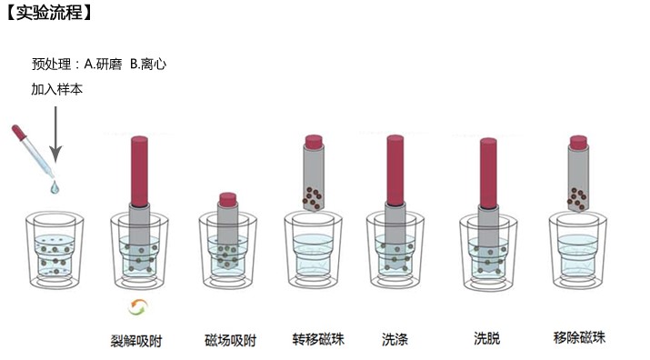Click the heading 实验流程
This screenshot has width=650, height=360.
(x=49, y=12)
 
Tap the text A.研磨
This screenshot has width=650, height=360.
(x=104, y=65)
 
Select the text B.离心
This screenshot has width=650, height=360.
(x=148, y=65)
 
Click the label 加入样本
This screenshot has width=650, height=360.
(x=56, y=89)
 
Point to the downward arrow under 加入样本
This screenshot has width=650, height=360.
(x=55, y=134)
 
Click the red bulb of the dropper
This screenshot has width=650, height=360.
(x=19, y=133)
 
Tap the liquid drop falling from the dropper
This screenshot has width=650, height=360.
(x=55, y=188)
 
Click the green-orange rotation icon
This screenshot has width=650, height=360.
(x=138, y=307)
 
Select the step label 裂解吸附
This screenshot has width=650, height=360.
(x=136, y=341)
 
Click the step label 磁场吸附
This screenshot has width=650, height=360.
(x=230, y=340)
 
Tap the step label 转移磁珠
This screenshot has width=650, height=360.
(x=318, y=339)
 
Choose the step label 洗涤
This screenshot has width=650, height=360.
(x=395, y=339)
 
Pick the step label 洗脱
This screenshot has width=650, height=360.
(x=487, y=338)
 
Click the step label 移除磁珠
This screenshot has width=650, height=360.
(x=579, y=336)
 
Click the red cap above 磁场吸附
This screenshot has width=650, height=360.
(x=227, y=199)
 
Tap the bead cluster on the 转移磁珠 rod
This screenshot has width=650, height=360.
(x=312, y=197)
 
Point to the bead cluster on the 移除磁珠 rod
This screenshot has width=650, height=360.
(x=577, y=198)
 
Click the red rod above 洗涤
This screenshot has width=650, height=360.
(x=395, y=171)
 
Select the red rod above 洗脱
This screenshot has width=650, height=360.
(x=488, y=174)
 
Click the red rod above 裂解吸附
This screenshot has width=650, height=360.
(x=139, y=172)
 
